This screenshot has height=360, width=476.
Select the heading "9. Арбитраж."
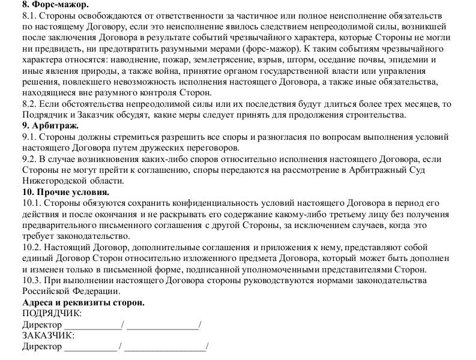[50, 126]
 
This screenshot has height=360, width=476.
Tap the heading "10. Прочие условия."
[65, 193]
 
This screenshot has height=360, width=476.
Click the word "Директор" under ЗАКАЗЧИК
[41, 347]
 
